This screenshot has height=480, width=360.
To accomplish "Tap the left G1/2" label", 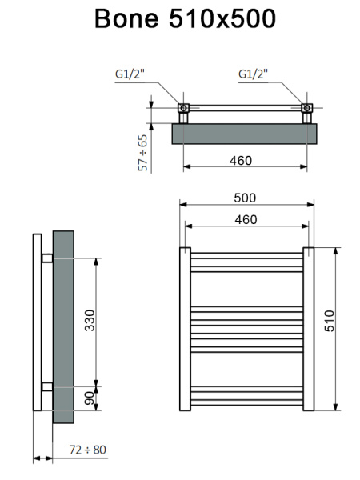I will [x=129, y=74].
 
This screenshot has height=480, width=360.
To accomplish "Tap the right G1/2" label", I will [x=254, y=74].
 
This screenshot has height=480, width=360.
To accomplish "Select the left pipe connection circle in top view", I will [x=183, y=108].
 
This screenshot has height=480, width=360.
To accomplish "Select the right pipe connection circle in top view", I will [x=305, y=108].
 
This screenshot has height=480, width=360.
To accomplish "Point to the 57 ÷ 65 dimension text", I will [x=143, y=151].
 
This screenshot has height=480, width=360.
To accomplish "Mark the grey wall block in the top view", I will [x=245, y=133].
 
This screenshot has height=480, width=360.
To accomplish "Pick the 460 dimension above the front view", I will [x=245, y=218].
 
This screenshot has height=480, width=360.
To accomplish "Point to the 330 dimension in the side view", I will [x=90, y=321].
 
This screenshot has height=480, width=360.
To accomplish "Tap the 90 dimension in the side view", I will [x=90, y=398].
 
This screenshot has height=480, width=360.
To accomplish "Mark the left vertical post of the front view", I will [x=184, y=328].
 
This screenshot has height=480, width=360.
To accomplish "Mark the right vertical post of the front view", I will [x=307, y=328].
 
